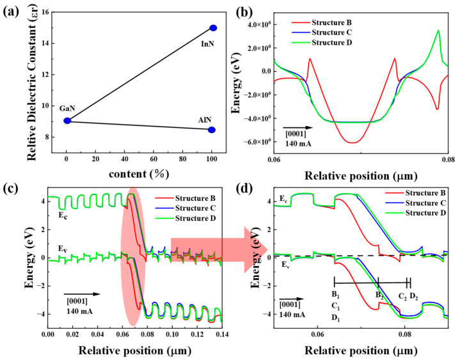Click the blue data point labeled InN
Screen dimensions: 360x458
pos(214,27)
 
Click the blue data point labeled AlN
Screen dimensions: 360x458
pos(212,130)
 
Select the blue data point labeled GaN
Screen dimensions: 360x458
pos(67,120)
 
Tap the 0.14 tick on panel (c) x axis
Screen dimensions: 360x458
pos(221,334)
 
